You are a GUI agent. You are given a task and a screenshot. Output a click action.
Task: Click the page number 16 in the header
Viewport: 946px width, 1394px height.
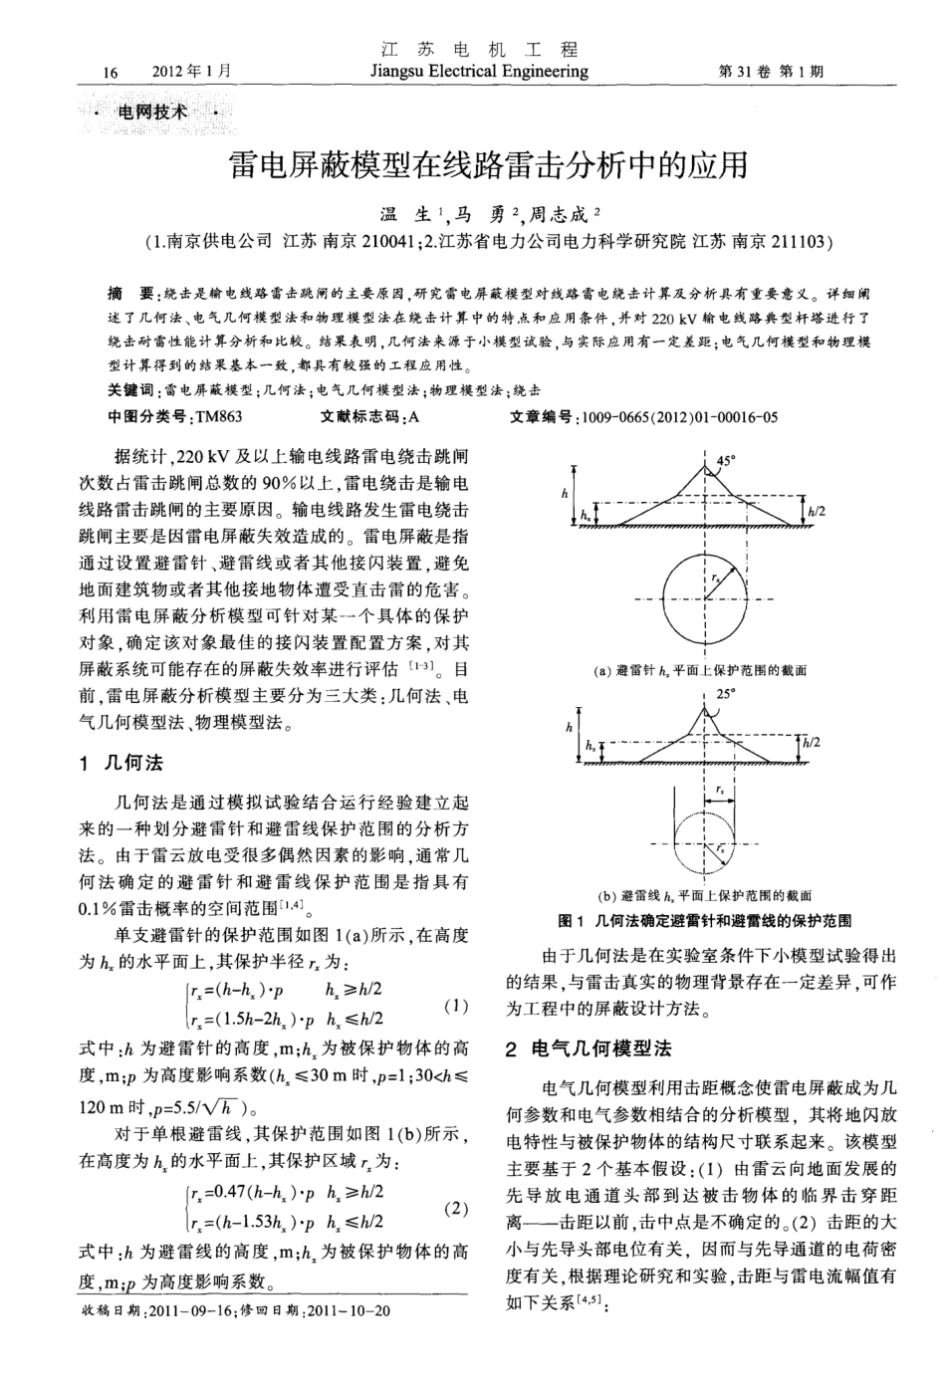(x=110, y=73)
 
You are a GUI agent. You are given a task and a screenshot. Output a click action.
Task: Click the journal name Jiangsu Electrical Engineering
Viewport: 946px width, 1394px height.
(x=478, y=72)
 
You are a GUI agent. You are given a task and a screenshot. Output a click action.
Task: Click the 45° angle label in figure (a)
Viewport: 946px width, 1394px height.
(x=726, y=460)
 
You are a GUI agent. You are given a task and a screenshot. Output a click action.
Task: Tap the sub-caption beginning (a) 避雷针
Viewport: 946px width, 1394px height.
(x=699, y=671)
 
